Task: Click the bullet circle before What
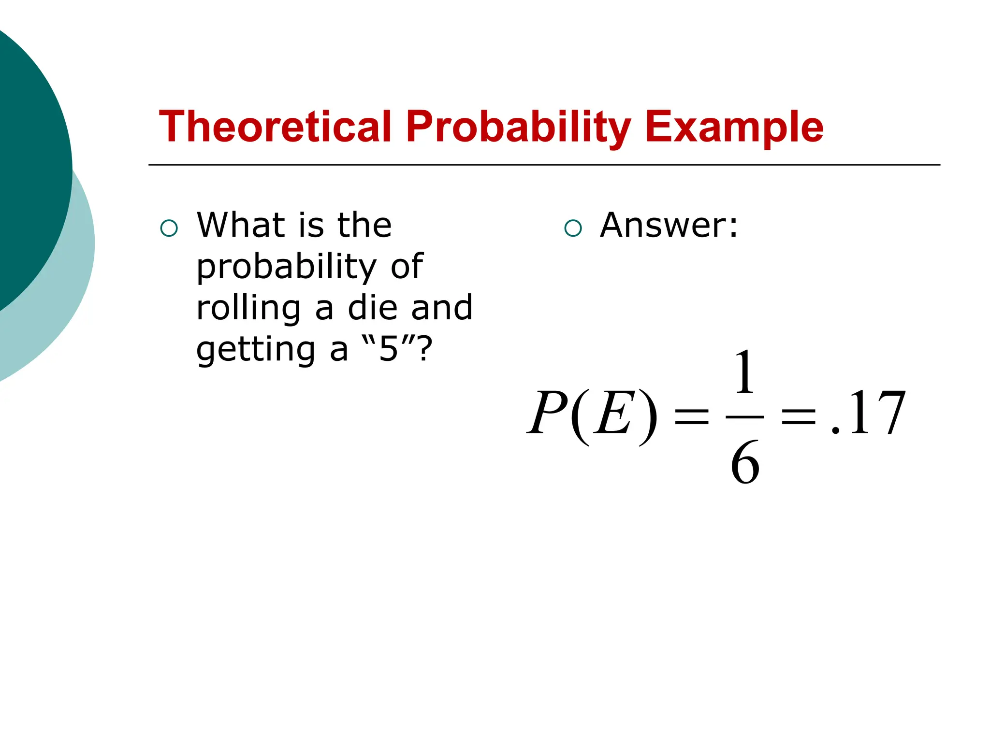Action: (169, 228)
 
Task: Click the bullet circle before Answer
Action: (573, 228)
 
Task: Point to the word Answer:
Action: (669, 225)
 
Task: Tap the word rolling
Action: (248, 309)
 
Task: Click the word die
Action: (372, 308)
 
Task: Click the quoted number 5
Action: (388, 349)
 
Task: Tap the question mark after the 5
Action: (424, 349)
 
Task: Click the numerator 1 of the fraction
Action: (744, 372)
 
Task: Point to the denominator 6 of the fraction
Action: (744, 463)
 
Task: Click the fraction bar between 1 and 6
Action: (744, 417)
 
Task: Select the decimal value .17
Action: (868, 413)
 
